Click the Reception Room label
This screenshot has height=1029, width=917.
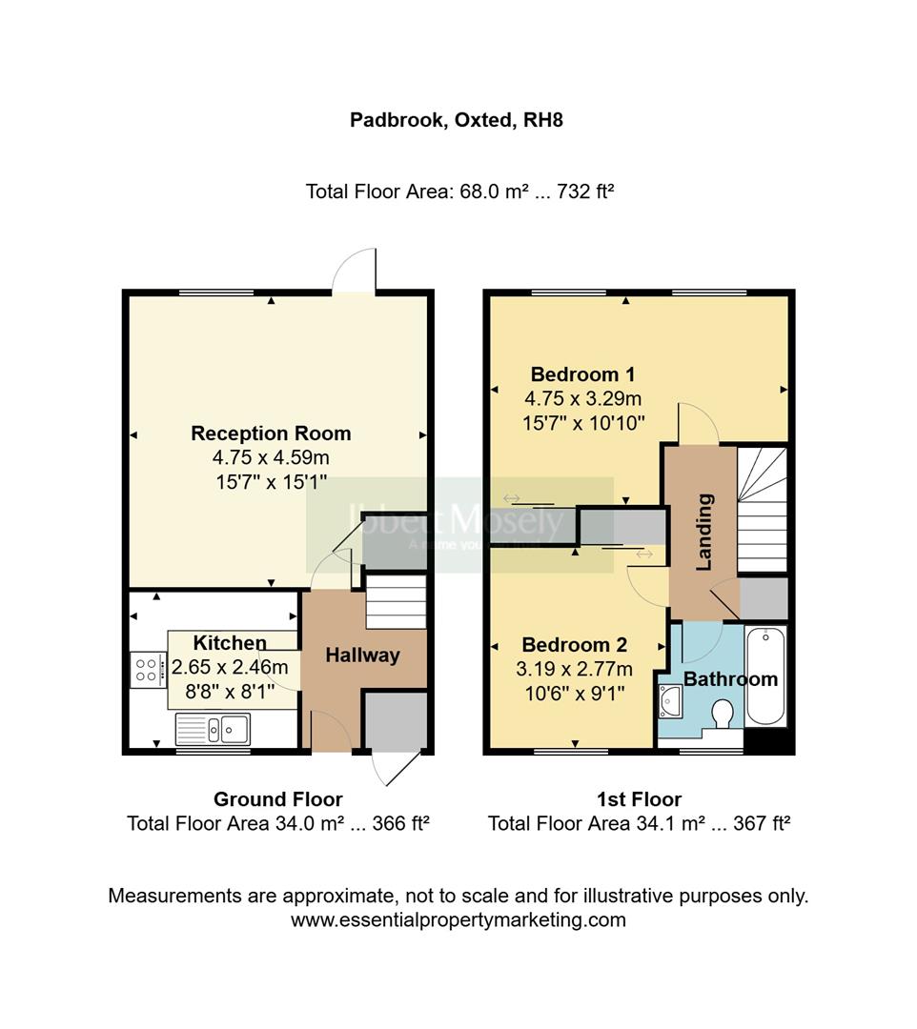point(271,434)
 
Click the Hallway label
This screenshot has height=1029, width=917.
point(362,656)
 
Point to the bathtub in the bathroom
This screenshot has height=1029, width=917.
point(766,676)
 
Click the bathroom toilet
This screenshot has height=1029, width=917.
point(723,713)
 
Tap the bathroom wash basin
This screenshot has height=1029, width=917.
point(670,701)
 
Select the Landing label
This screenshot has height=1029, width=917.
point(704,532)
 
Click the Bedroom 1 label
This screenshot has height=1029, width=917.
point(582,374)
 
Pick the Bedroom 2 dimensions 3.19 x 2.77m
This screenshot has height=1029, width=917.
point(574,669)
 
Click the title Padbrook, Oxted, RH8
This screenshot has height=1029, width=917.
point(457,121)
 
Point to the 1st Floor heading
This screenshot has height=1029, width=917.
point(640,799)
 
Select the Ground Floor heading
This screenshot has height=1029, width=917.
point(277,799)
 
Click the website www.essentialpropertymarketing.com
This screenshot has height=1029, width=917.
point(458,920)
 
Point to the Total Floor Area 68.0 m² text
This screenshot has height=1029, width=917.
point(458,192)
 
